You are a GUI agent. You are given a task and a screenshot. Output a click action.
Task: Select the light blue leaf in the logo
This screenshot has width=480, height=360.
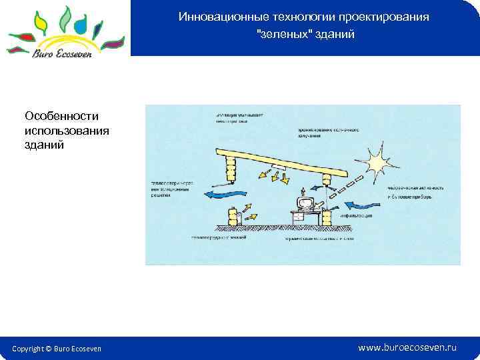(x=81, y=26)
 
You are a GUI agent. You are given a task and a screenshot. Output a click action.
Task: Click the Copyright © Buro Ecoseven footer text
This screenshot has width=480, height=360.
(x=57, y=349)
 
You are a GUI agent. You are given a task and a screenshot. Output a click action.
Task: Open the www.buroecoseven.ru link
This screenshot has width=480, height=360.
(x=407, y=347)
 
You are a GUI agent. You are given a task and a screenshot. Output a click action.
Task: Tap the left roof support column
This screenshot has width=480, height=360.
(x=231, y=167)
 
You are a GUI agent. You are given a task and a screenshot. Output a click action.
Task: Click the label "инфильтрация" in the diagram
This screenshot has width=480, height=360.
(x=361, y=216)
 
